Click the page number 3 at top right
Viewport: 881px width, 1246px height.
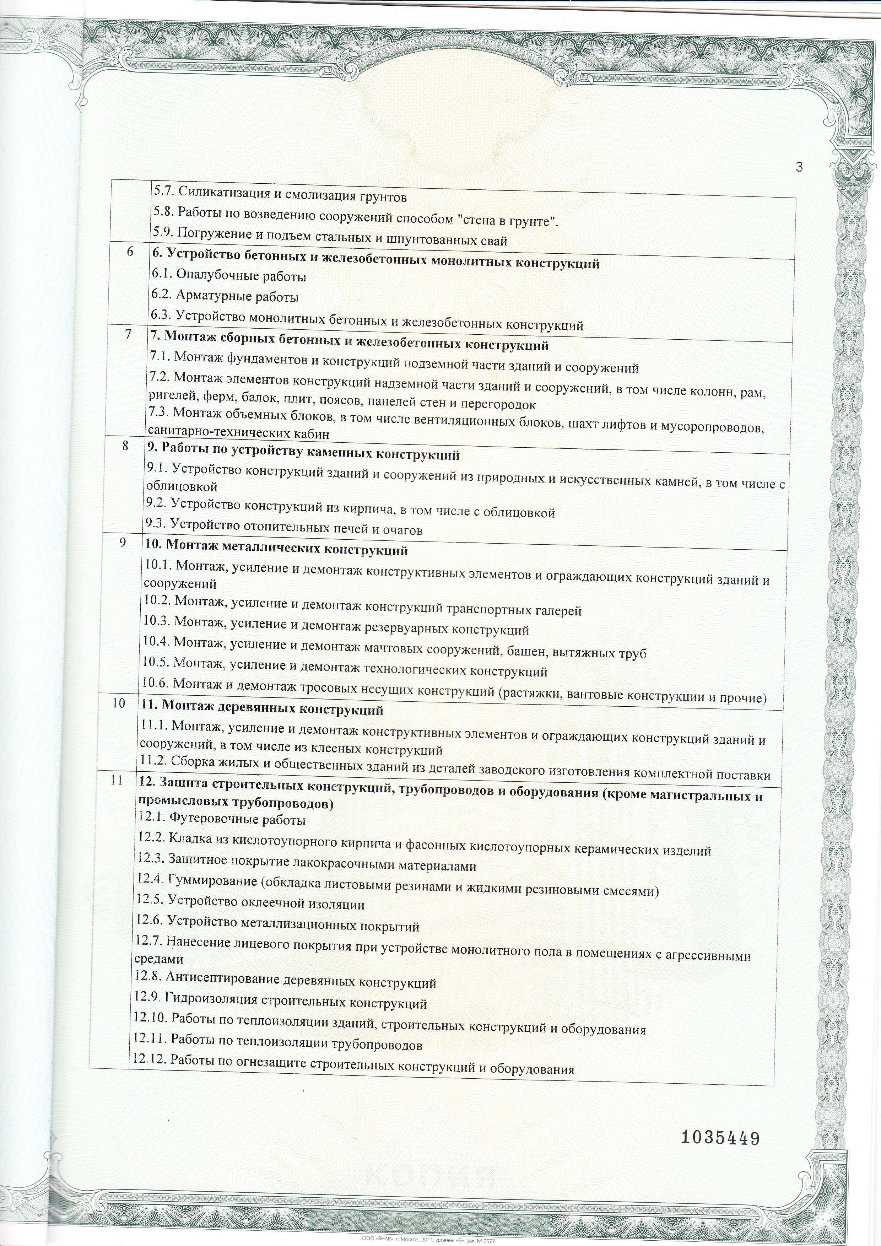(799, 167)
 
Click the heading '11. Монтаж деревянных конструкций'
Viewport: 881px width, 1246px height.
(261, 709)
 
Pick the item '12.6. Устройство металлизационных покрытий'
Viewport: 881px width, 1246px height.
(277, 926)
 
